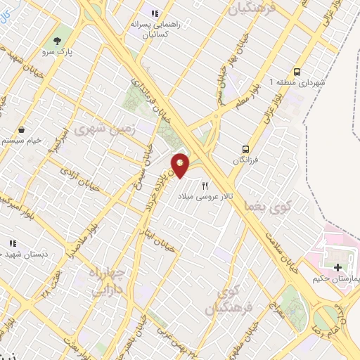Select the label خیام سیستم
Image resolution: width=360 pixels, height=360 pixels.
(19, 141)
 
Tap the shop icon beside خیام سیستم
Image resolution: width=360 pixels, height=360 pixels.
(22, 129)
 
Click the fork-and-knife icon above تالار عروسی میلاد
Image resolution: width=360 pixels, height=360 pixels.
(205, 186)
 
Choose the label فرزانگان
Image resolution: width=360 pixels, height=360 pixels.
(246, 160)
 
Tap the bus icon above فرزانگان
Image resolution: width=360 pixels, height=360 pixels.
(246, 148)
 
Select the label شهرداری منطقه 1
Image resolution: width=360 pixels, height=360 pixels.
(300, 82)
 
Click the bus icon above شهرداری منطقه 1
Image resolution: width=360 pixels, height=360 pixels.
(297, 71)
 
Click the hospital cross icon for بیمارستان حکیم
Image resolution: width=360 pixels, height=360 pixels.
(339, 267)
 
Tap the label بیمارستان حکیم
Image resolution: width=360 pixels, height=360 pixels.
(336, 279)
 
